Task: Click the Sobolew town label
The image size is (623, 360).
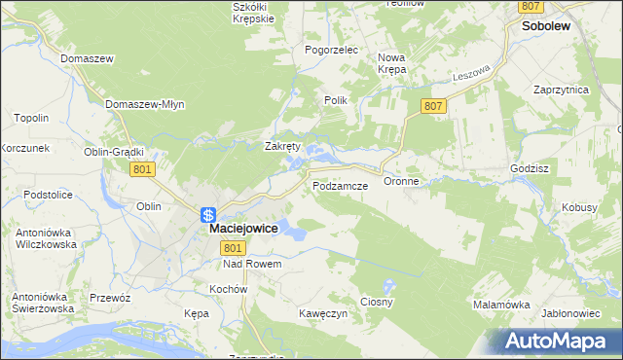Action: [545, 28]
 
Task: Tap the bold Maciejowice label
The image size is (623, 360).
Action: [243, 229]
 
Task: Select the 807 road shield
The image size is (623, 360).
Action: [434, 105]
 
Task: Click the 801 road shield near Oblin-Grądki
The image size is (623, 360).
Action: [142, 169]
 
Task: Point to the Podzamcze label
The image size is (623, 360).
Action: [339, 185]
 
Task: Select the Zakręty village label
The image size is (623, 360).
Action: [283, 146]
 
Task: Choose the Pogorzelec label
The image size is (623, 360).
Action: [332, 49]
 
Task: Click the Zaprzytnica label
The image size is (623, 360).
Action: [562, 89]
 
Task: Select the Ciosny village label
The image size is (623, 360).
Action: [377, 302]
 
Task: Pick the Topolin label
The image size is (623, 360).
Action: [32, 118]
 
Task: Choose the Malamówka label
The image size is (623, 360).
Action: [501, 305]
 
